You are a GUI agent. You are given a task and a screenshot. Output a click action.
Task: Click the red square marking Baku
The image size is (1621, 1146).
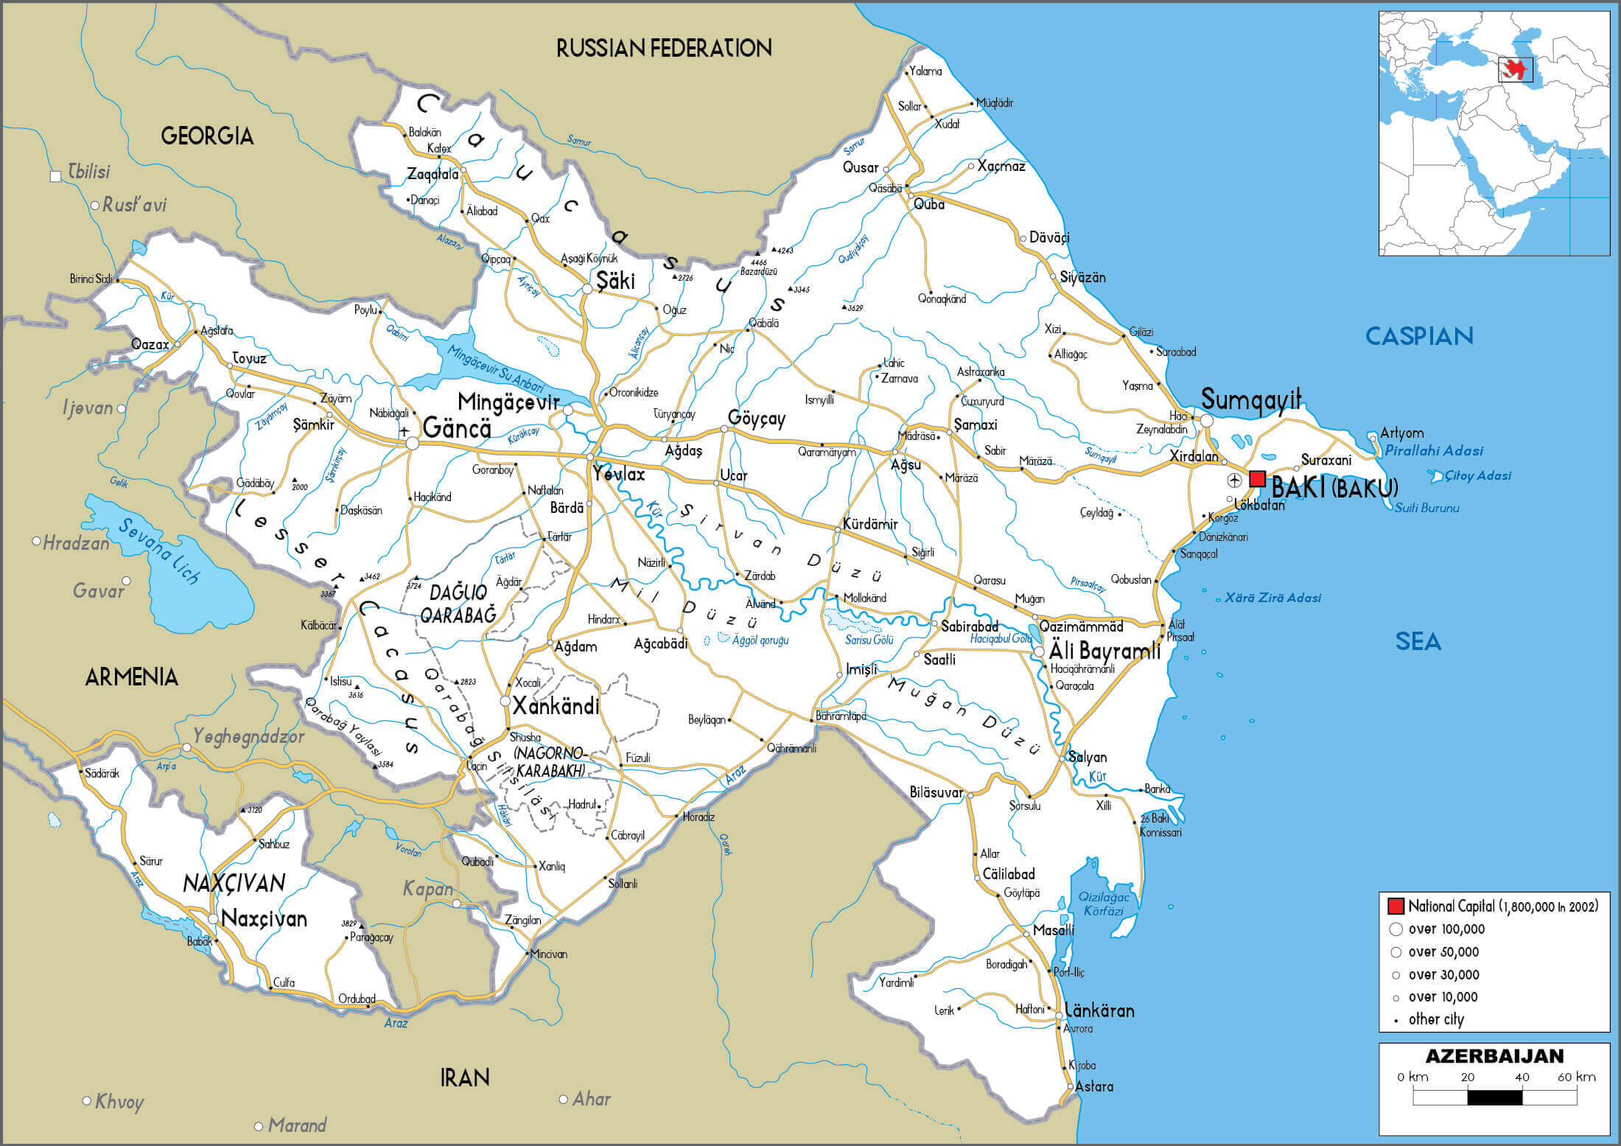1257,478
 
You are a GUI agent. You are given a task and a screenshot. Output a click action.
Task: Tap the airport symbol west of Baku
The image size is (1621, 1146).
1234,481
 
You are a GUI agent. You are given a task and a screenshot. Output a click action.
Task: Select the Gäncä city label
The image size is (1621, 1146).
457,428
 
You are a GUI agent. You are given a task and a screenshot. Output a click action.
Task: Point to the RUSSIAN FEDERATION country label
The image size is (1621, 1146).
663,49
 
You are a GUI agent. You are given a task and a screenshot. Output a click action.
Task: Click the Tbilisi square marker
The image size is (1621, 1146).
55,176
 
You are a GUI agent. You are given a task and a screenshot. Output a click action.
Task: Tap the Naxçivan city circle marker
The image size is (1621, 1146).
213,919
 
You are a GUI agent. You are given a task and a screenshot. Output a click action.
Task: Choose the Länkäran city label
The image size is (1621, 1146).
1099,1010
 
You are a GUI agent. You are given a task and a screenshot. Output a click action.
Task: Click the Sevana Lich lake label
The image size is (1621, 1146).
158,551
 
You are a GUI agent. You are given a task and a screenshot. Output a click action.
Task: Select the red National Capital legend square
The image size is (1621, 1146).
1395,906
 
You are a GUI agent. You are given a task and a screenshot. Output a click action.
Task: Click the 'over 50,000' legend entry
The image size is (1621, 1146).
1443,952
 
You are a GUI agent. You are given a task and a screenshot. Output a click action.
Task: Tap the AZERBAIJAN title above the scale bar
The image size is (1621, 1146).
1494,1056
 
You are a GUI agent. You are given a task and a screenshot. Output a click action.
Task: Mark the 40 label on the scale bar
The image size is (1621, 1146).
1522,1077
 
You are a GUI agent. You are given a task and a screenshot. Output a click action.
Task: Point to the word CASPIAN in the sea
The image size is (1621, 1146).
1418,336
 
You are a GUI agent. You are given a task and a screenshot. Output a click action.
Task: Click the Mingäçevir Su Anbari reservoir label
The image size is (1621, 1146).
495,368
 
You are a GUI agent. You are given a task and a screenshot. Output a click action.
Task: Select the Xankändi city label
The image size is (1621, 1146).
556,707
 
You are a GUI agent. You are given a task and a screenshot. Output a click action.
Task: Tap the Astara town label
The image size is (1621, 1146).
1094,1087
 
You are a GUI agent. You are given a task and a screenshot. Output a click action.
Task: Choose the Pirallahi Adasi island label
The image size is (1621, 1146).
1433,450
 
